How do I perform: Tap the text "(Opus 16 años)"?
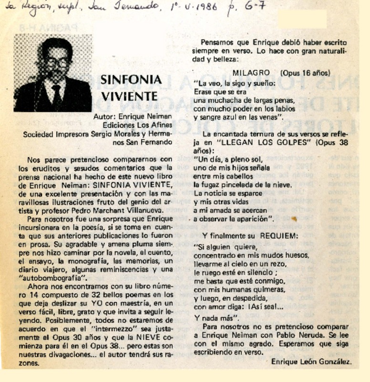tap(305, 73)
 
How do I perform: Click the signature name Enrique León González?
tap(311, 361)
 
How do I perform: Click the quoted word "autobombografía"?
tap(56, 277)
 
